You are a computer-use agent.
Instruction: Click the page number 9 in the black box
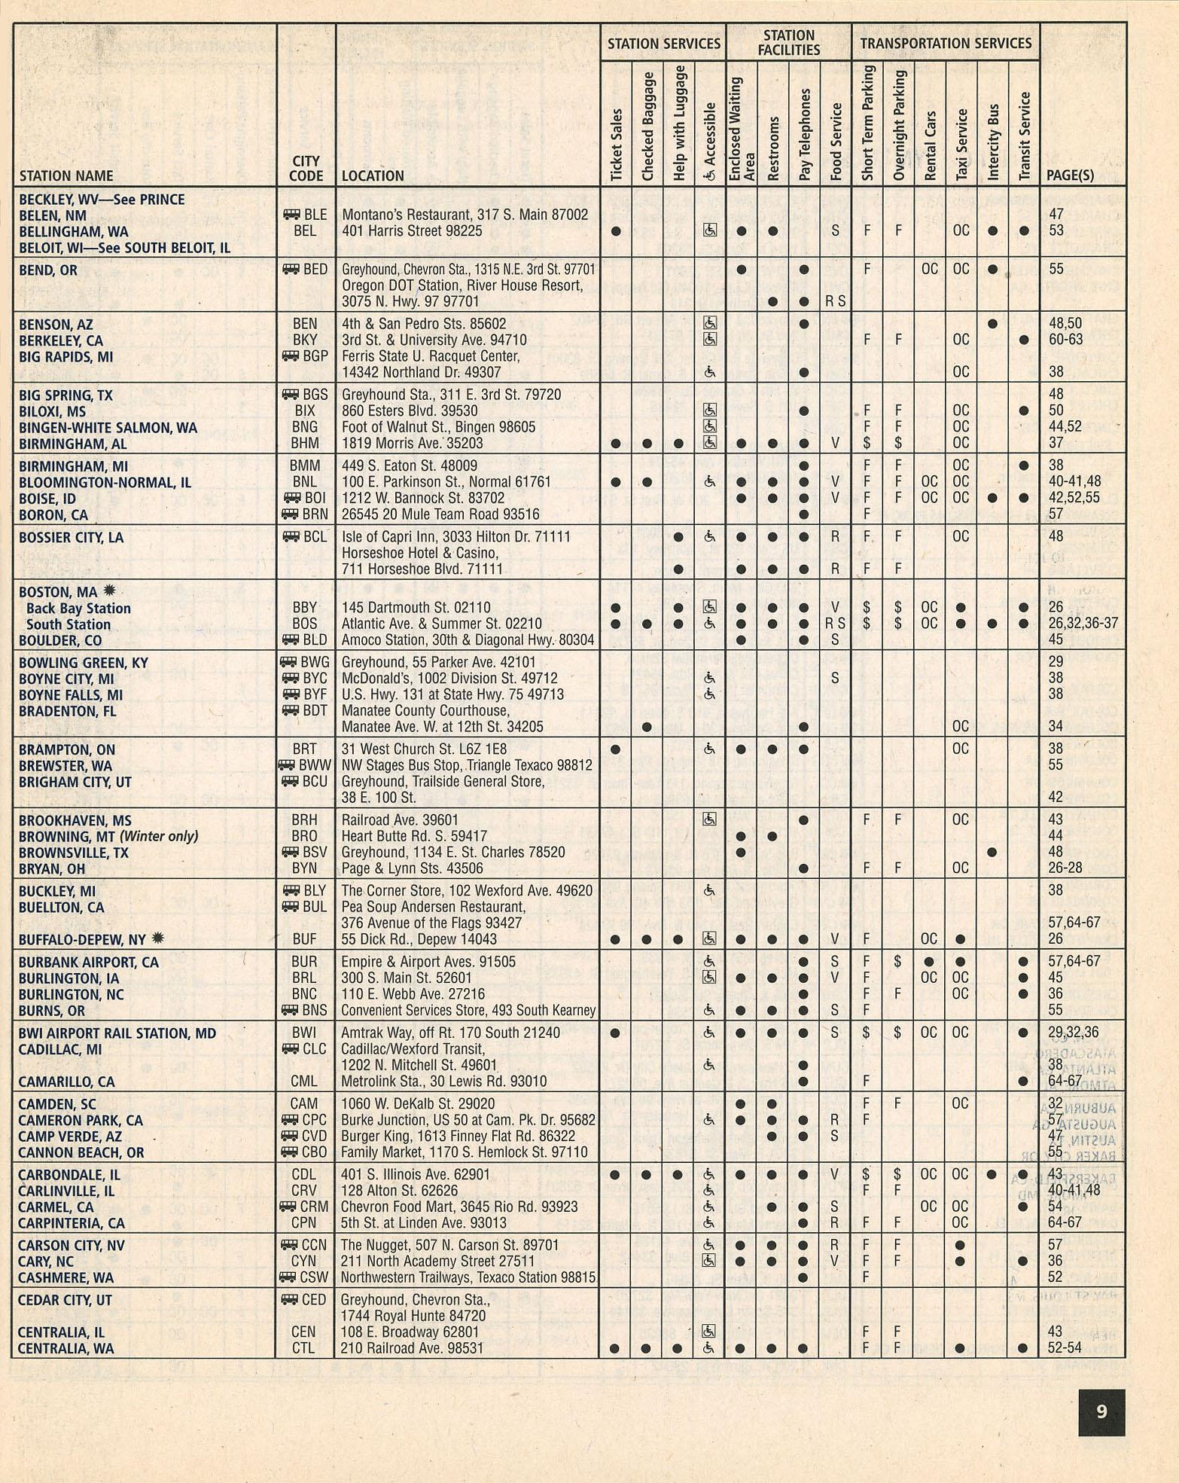(x=1101, y=1411)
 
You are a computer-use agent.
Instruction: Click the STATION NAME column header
(x=66, y=175)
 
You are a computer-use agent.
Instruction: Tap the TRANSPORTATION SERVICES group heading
(x=946, y=43)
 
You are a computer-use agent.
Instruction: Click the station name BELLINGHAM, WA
(x=73, y=231)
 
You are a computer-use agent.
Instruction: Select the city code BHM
(x=305, y=443)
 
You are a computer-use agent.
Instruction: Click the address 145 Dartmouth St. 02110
(x=416, y=607)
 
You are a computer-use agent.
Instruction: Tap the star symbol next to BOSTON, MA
(x=109, y=591)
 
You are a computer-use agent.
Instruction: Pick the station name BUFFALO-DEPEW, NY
(x=82, y=939)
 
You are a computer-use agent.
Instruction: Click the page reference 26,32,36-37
(x=1083, y=624)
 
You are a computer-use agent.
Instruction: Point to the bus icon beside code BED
(x=291, y=270)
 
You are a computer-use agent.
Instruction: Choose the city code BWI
(x=304, y=1033)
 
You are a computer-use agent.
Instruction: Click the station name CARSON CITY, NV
(x=72, y=1245)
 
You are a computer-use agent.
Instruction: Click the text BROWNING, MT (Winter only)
(x=108, y=836)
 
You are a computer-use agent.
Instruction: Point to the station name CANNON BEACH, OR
(x=81, y=1152)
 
